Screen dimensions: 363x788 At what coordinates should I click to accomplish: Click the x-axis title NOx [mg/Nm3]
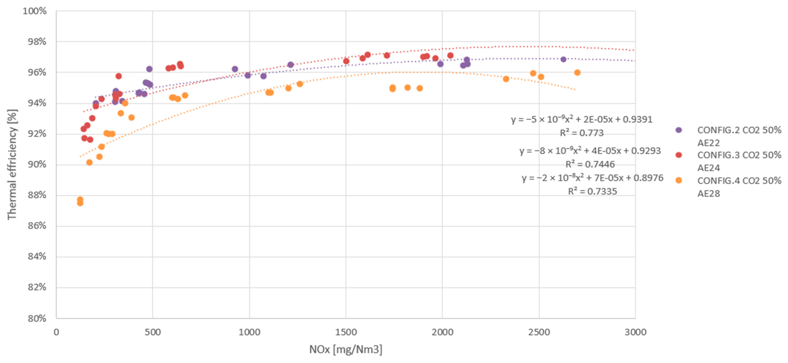pos(345,349)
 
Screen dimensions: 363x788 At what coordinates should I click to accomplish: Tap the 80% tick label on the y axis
pos(37,318)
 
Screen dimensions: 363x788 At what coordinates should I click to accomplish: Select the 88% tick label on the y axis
pos(37,195)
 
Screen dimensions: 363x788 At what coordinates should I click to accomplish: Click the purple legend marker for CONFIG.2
pos(678,130)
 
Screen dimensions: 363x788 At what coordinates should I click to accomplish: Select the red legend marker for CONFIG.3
pos(678,155)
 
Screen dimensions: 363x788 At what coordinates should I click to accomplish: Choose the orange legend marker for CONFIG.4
pos(678,180)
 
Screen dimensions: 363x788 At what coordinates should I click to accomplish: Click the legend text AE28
pos(708,193)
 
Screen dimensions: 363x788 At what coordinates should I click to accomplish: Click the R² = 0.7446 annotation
pos(590,164)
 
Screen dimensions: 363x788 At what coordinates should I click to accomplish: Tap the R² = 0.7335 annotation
pos(592,191)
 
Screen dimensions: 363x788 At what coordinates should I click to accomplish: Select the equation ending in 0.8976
pos(592,178)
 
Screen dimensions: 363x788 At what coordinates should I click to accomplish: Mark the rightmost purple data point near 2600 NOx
pos(563,59)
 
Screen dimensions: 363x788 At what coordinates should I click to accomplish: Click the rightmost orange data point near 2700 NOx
pos(577,73)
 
